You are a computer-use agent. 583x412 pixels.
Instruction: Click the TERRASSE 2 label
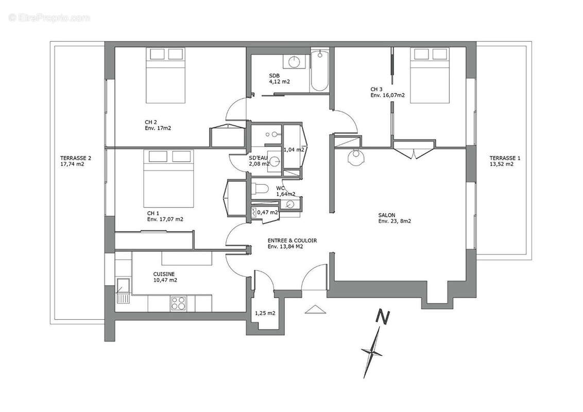pyautogui.click(x=76, y=158)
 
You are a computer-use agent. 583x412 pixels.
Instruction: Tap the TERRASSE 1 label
pyautogui.click(x=505, y=158)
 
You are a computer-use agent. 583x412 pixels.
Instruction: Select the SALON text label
pyautogui.click(x=387, y=215)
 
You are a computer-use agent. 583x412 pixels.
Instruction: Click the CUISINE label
pyautogui.click(x=164, y=274)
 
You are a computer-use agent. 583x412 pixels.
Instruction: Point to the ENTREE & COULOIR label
pyautogui.click(x=292, y=241)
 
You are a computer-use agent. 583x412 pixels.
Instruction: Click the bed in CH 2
pyautogui.click(x=165, y=76)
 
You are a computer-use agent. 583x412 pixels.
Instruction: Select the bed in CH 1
pyautogui.click(x=169, y=179)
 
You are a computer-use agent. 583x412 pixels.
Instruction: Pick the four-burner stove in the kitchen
pyautogui.click(x=179, y=303)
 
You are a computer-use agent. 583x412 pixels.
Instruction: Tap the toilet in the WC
pyautogui.click(x=260, y=189)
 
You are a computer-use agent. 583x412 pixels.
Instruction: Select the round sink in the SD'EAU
pyautogui.click(x=275, y=161)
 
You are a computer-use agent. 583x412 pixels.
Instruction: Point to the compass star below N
pyautogui.click(x=372, y=352)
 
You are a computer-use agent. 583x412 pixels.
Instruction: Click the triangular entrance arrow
pyautogui.click(x=315, y=310)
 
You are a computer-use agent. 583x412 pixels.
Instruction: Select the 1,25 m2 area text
pyautogui.click(x=265, y=313)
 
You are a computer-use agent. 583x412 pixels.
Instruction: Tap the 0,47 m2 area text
pyautogui.click(x=268, y=212)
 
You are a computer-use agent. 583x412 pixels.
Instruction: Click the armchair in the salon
pyautogui.click(x=356, y=157)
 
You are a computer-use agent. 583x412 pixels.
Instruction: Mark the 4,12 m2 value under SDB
pyautogui.click(x=279, y=81)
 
